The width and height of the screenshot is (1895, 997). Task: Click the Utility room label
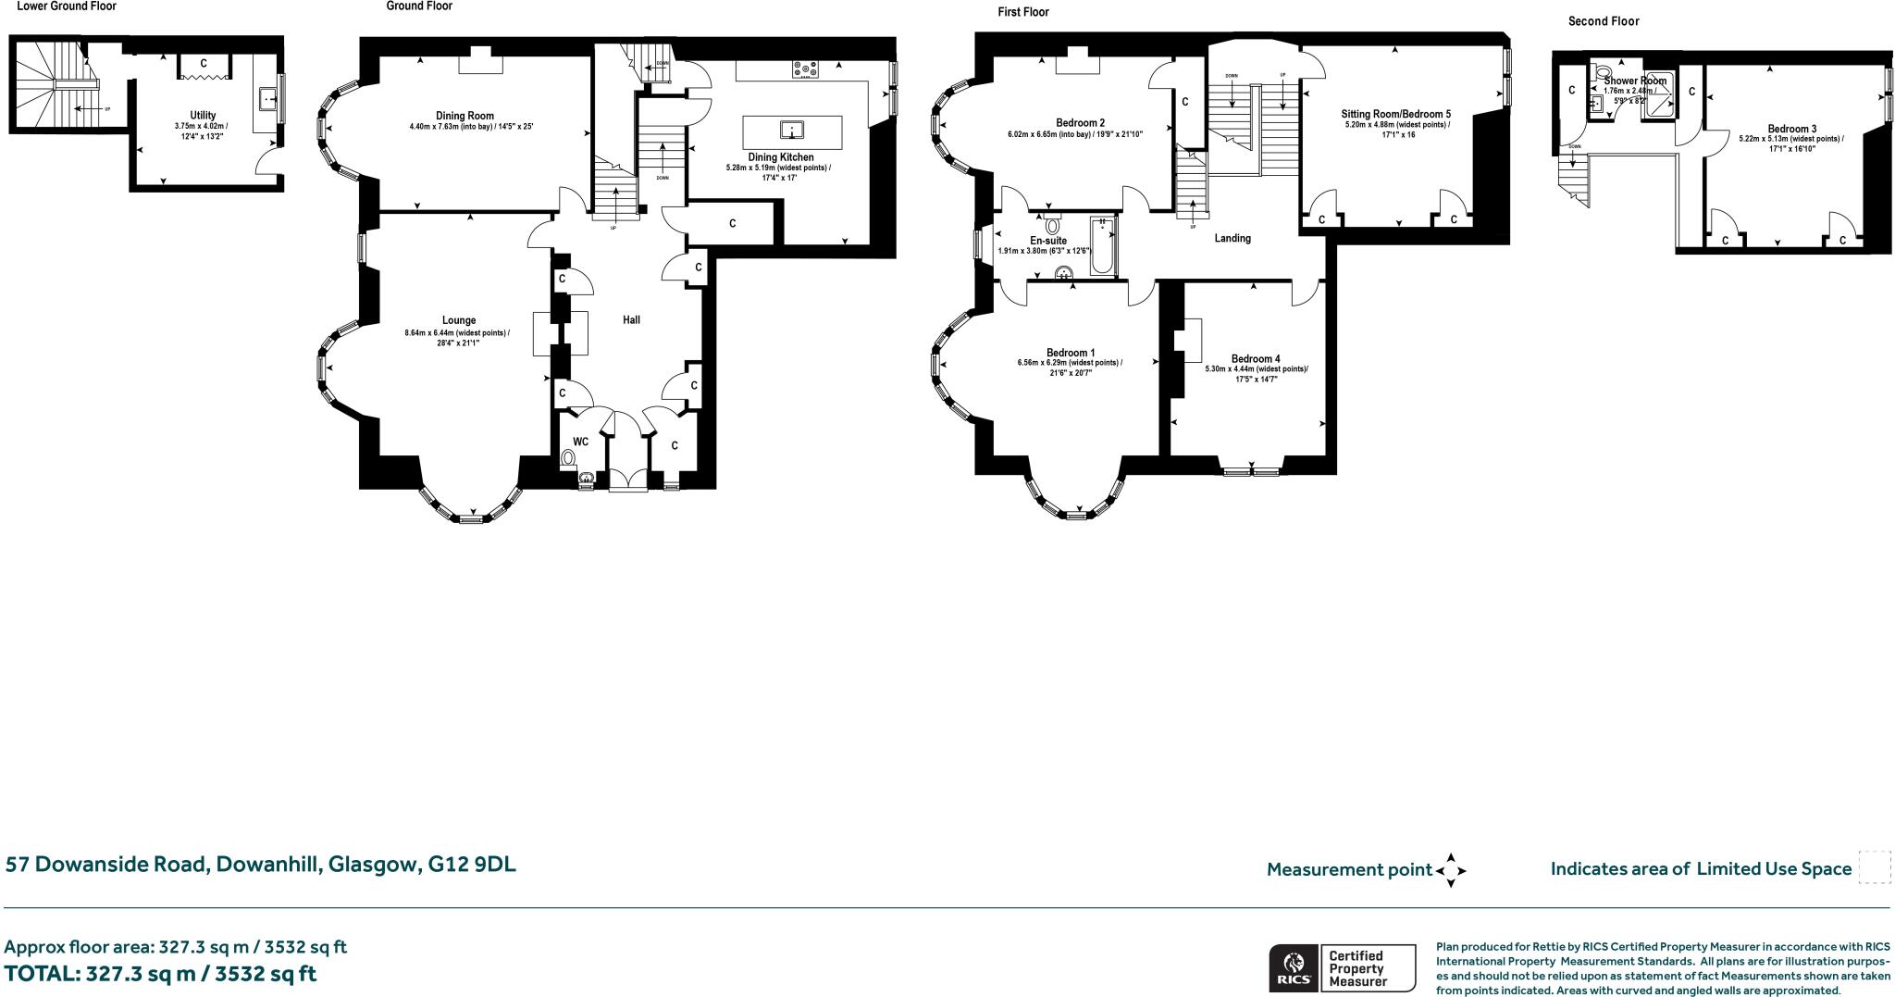pyautogui.click(x=203, y=116)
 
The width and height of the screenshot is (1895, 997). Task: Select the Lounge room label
pyautogui.click(x=458, y=320)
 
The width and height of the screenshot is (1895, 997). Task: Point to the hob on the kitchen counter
pyautogui.click(x=805, y=69)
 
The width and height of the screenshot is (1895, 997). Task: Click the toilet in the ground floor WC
pyautogui.click(x=568, y=457)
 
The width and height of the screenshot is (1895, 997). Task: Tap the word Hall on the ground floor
pyautogui.click(x=631, y=320)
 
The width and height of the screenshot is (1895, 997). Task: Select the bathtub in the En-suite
pyautogui.click(x=1103, y=246)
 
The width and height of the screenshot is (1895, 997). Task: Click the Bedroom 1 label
pyautogui.click(x=1071, y=353)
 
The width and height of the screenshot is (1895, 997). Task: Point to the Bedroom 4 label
pyautogui.click(x=1256, y=359)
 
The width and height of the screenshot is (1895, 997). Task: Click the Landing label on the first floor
pyautogui.click(x=1232, y=239)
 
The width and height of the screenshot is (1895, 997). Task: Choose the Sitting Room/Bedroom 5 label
pyautogui.click(x=1396, y=114)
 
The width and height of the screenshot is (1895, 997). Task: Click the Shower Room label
pyautogui.click(x=1635, y=81)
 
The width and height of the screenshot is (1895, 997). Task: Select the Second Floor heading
pyautogui.click(x=1604, y=21)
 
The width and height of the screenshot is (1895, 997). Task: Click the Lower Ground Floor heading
pyautogui.click(x=67, y=6)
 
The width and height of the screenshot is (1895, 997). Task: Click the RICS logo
pyautogui.click(x=1293, y=968)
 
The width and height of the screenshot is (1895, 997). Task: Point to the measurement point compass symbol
pyautogui.click(x=1450, y=870)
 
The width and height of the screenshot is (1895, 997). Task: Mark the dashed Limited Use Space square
pyautogui.click(x=1875, y=867)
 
